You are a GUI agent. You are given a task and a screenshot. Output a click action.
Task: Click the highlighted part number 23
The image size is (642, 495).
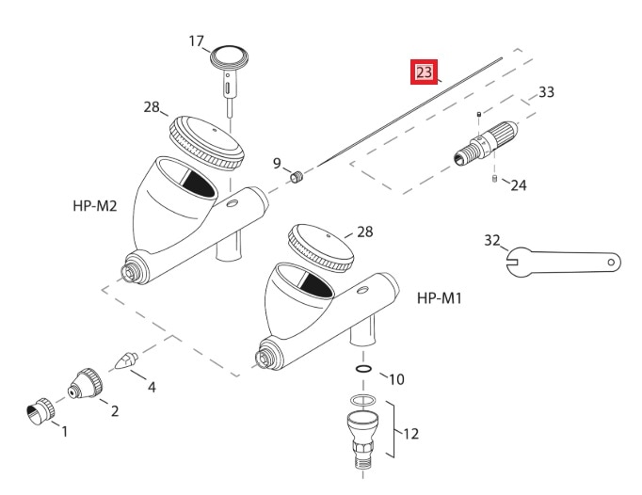(425, 72)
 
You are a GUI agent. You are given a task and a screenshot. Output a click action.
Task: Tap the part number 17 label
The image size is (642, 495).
(197, 41)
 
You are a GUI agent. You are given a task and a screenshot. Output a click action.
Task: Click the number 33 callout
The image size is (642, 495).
(546, 92)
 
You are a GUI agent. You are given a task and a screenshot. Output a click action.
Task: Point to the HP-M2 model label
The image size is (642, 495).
(94, 205)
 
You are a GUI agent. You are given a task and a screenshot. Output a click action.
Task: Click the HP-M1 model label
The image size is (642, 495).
(439, 297)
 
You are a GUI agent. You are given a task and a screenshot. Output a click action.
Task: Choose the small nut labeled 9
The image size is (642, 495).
(297, 176)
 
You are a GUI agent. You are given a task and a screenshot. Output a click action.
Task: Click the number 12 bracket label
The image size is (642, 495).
(410, 434)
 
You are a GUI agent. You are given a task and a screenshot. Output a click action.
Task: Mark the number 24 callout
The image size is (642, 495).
(519, 185)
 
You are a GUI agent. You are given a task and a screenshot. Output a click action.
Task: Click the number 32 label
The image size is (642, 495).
(491, 240)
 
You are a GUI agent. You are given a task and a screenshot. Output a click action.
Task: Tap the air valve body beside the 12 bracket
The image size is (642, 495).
(361, 435)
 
